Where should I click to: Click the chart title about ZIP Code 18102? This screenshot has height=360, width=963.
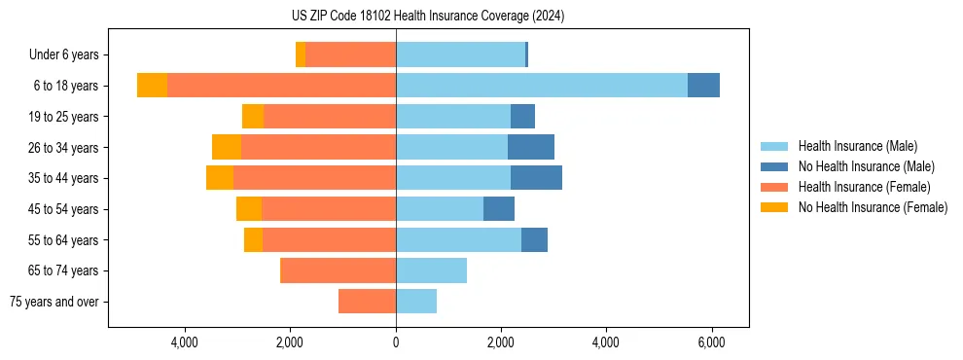click(x=481, y=17)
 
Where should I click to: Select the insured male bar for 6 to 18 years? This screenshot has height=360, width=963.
click(x=541, y=86)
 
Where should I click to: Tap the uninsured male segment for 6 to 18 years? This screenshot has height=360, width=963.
click(x=703, y=86)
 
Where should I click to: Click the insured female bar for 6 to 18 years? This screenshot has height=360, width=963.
click(x=281, y=86)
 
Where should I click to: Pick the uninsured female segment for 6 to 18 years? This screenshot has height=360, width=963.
click(x=152, y=86)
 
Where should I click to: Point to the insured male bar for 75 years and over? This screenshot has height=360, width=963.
click(x=416, y=302)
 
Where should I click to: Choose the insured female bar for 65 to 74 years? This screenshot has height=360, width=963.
click(x=338, y=270)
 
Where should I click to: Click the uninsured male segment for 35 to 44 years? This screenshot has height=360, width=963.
click(x=536, y=178)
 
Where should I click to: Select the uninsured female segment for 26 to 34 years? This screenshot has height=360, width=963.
click(x=227, y=147)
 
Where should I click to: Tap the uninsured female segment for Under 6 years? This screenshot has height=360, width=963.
click(x=301, y=55)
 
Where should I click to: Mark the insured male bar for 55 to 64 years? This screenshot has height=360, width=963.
click(x=458, y=239)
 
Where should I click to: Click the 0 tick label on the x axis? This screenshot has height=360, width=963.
click(x=396, y=342)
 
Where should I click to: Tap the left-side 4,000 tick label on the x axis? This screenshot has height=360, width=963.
click(x=184, y=342)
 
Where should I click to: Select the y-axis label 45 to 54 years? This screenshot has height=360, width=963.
click(x=63, y=209)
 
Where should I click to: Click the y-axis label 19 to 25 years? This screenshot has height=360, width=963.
click(x=63, y=117)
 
